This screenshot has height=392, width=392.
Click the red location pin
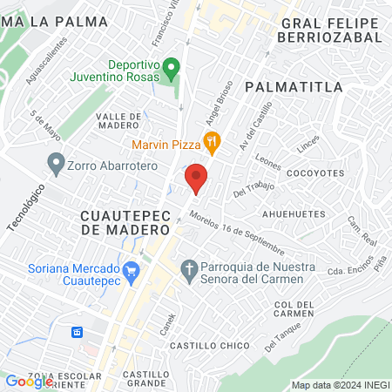coord(197,178)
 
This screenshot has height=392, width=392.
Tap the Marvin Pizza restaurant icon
coord(210,140)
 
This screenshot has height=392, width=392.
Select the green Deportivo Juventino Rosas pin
coord(172,66)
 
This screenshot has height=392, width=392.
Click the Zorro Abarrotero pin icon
coord(56,162)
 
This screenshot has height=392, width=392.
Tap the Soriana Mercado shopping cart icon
coord(132,272)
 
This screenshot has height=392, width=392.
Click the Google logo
coord(28,382)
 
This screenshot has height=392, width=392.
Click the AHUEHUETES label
coord(295,213)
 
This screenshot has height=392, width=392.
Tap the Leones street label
coord(269,161)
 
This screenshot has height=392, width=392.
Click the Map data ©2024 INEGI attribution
coord(340,384)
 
